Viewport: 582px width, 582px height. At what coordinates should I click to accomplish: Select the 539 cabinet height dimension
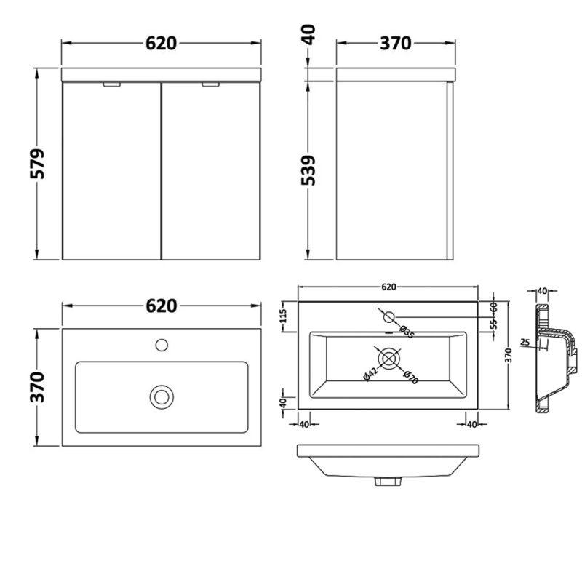click(309, 172)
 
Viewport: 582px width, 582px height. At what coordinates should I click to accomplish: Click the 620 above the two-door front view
click(160, 44)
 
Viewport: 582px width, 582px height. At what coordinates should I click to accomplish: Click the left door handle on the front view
click(113, 86)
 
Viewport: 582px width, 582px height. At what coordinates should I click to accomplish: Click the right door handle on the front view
click(210, 86)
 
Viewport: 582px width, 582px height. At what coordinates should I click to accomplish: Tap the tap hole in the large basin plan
click(162, 343)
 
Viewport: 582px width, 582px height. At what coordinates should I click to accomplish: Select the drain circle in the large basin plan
click(161, 396)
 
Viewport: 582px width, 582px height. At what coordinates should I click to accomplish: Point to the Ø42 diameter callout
click(370, 373)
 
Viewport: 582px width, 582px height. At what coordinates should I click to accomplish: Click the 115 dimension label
click(284, 318)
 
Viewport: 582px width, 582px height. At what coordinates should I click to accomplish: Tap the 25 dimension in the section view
click(525, 341)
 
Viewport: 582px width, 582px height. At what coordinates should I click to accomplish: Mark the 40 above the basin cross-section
click(541, 291)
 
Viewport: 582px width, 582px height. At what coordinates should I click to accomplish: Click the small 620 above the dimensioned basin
click(388, 287)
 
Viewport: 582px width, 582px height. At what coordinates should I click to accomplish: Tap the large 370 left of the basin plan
click(40, 387)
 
